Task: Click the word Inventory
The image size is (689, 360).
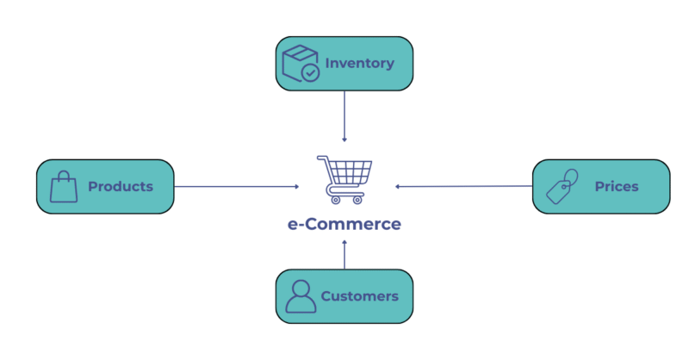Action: click(x=359, y=63)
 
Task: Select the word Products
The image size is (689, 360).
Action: click(x=120, y=186)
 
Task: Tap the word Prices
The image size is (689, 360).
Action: click(x=616, y=186)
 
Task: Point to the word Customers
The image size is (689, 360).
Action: click(x=359, y=296)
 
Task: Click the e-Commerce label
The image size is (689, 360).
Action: click(x=344, y=224)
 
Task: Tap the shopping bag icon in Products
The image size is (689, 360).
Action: click(x=64, y=187)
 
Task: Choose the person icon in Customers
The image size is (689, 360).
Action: click(x=301, y=296)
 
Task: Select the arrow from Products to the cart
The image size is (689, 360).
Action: click(x=237, y=186)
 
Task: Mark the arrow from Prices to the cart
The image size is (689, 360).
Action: click(x=465, y=186)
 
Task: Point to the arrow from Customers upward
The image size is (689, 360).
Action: click(x=344, y=256)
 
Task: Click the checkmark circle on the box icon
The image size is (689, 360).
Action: click(x=311, y=72)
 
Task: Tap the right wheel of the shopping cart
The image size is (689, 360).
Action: click(x=357, y=200)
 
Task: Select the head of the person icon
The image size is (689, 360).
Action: click(x=301, y=288)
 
